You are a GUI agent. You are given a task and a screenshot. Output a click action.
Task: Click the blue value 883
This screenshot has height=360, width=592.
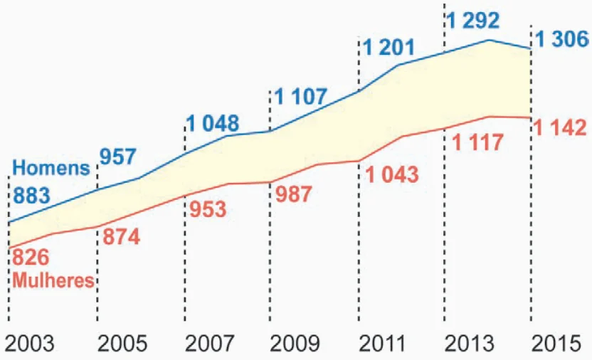coord(33,196)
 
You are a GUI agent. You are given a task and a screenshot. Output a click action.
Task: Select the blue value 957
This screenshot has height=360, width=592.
coord(117,157)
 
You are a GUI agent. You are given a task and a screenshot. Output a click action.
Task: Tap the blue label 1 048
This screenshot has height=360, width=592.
coord(213,123)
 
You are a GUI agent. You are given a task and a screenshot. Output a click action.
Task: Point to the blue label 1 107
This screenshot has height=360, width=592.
coord(300,96)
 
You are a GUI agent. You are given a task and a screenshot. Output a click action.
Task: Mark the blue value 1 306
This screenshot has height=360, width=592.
coord(562,40)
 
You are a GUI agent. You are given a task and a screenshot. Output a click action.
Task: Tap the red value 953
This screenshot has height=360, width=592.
coord(208,210)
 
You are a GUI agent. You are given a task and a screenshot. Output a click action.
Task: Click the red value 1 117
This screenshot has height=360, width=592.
coord(478,142)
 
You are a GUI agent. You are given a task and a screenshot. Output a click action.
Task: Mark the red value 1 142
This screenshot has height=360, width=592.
coord(561,128)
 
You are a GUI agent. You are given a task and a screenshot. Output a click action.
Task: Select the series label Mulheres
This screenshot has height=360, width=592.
coord(53,280)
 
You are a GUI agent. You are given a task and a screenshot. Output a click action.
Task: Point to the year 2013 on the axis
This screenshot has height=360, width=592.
coord(469,344)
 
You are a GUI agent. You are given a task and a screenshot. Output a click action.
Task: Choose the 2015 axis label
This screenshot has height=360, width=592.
coord(558,344)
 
